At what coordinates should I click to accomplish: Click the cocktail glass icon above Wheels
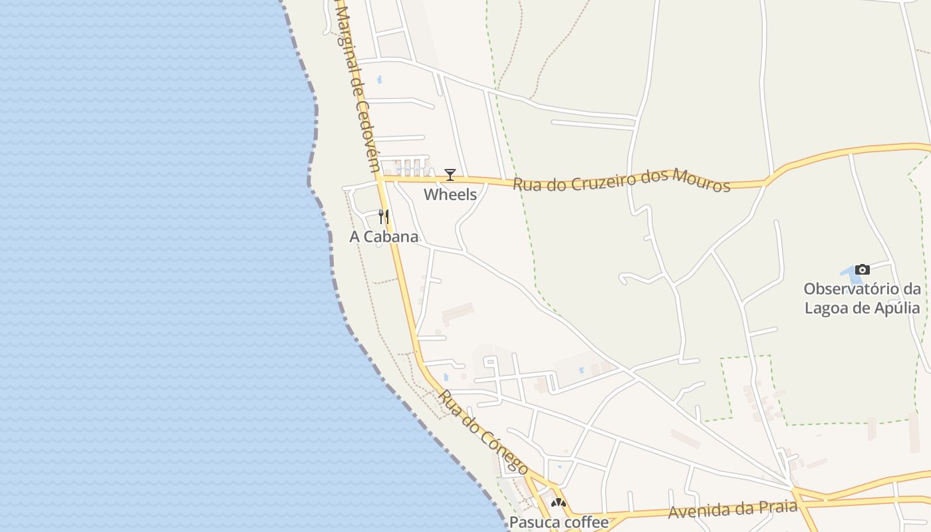450,175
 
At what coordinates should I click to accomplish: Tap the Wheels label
450,195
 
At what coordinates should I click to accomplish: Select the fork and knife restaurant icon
384,217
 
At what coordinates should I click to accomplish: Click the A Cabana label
384,237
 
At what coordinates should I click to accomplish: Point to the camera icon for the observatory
863,269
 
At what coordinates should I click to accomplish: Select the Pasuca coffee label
559,522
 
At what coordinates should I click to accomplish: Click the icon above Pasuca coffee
559,503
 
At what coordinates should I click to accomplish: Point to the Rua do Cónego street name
483,432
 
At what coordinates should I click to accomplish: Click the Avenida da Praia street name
732,510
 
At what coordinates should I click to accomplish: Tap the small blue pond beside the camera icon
847,273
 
